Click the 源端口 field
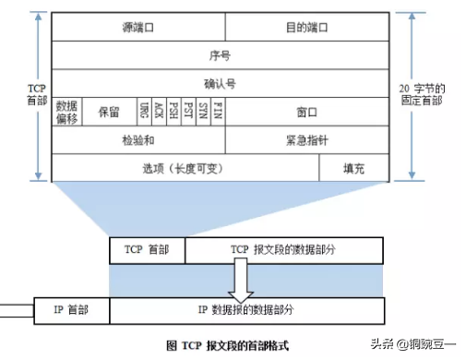[x=137, y=28]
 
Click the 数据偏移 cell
[x=66, y=111]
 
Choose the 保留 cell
[x=108, y=111]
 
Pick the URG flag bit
[x=145, y=111]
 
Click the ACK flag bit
[x=159, y=111]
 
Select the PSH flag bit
[x=173, y=111]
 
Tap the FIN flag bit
[x=217, y=111]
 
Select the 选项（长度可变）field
[x=185, y=168]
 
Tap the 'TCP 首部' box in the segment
[x=147, y=249]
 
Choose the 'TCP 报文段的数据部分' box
[x=282, y=249]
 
